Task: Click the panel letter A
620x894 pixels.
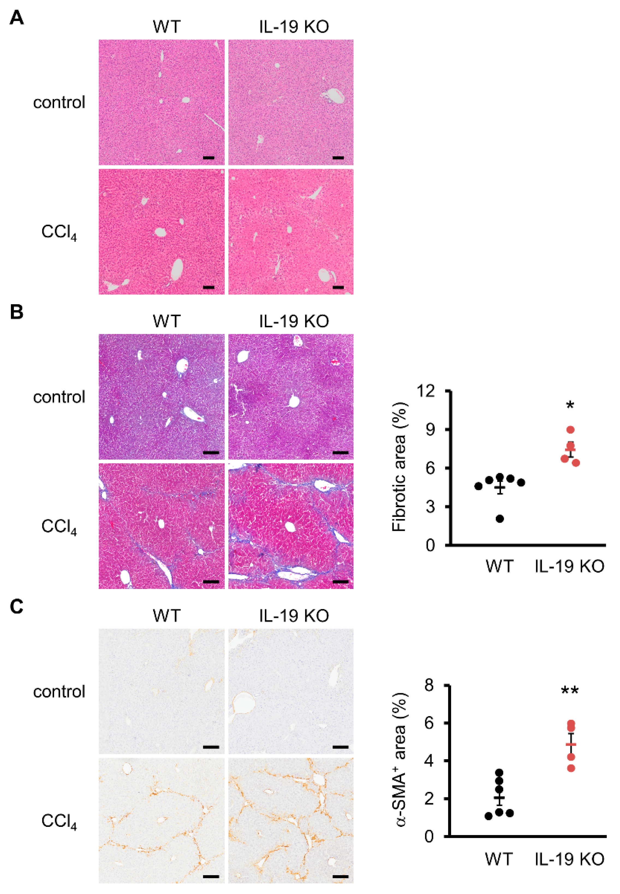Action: click(16, 18)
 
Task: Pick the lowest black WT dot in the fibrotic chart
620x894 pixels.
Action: click(500, 519)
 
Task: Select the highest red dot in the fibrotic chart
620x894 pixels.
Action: click(570, 430)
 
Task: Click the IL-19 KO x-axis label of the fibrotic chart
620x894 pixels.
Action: click(570, 567)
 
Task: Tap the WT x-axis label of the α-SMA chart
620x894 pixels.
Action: click(499, 859)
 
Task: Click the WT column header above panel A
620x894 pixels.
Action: click(167, 27)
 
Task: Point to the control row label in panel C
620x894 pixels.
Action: click(59, 692)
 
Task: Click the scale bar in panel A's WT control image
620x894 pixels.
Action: click(208, 158)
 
